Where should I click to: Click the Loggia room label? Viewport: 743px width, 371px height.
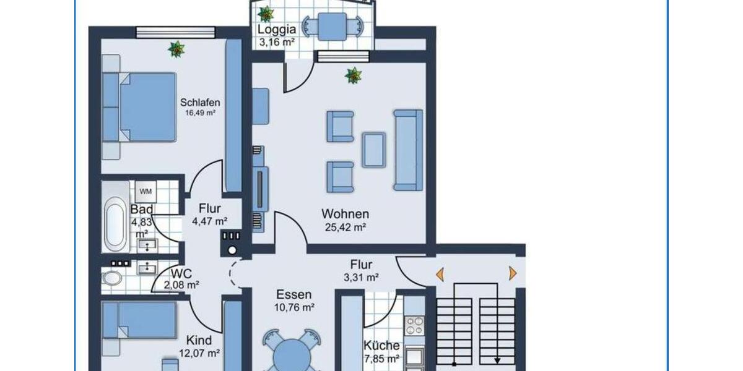(277, 30)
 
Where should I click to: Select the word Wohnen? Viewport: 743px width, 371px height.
(345, 214)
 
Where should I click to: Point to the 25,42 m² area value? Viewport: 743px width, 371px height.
(345, 227)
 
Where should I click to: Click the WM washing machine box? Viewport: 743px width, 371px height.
(146, 191)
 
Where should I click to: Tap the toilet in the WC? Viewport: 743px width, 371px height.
(112, 278)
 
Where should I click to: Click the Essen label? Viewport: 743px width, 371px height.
(293, 295)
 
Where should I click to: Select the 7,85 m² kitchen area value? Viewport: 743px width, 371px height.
(381, 358)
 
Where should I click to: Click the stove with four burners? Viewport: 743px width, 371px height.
(414, 325)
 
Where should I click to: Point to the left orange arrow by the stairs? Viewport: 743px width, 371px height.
(440, 273)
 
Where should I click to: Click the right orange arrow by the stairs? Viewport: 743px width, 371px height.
(512, 273)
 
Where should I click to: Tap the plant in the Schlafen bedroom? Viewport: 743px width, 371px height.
(176, 49)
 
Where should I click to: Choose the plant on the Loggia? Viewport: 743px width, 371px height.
(266, 14)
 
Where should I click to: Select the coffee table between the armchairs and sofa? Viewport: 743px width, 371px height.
(374, 149)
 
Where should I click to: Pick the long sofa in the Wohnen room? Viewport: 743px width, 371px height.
(409, 150)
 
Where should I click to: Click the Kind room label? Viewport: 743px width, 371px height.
(199, 340)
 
